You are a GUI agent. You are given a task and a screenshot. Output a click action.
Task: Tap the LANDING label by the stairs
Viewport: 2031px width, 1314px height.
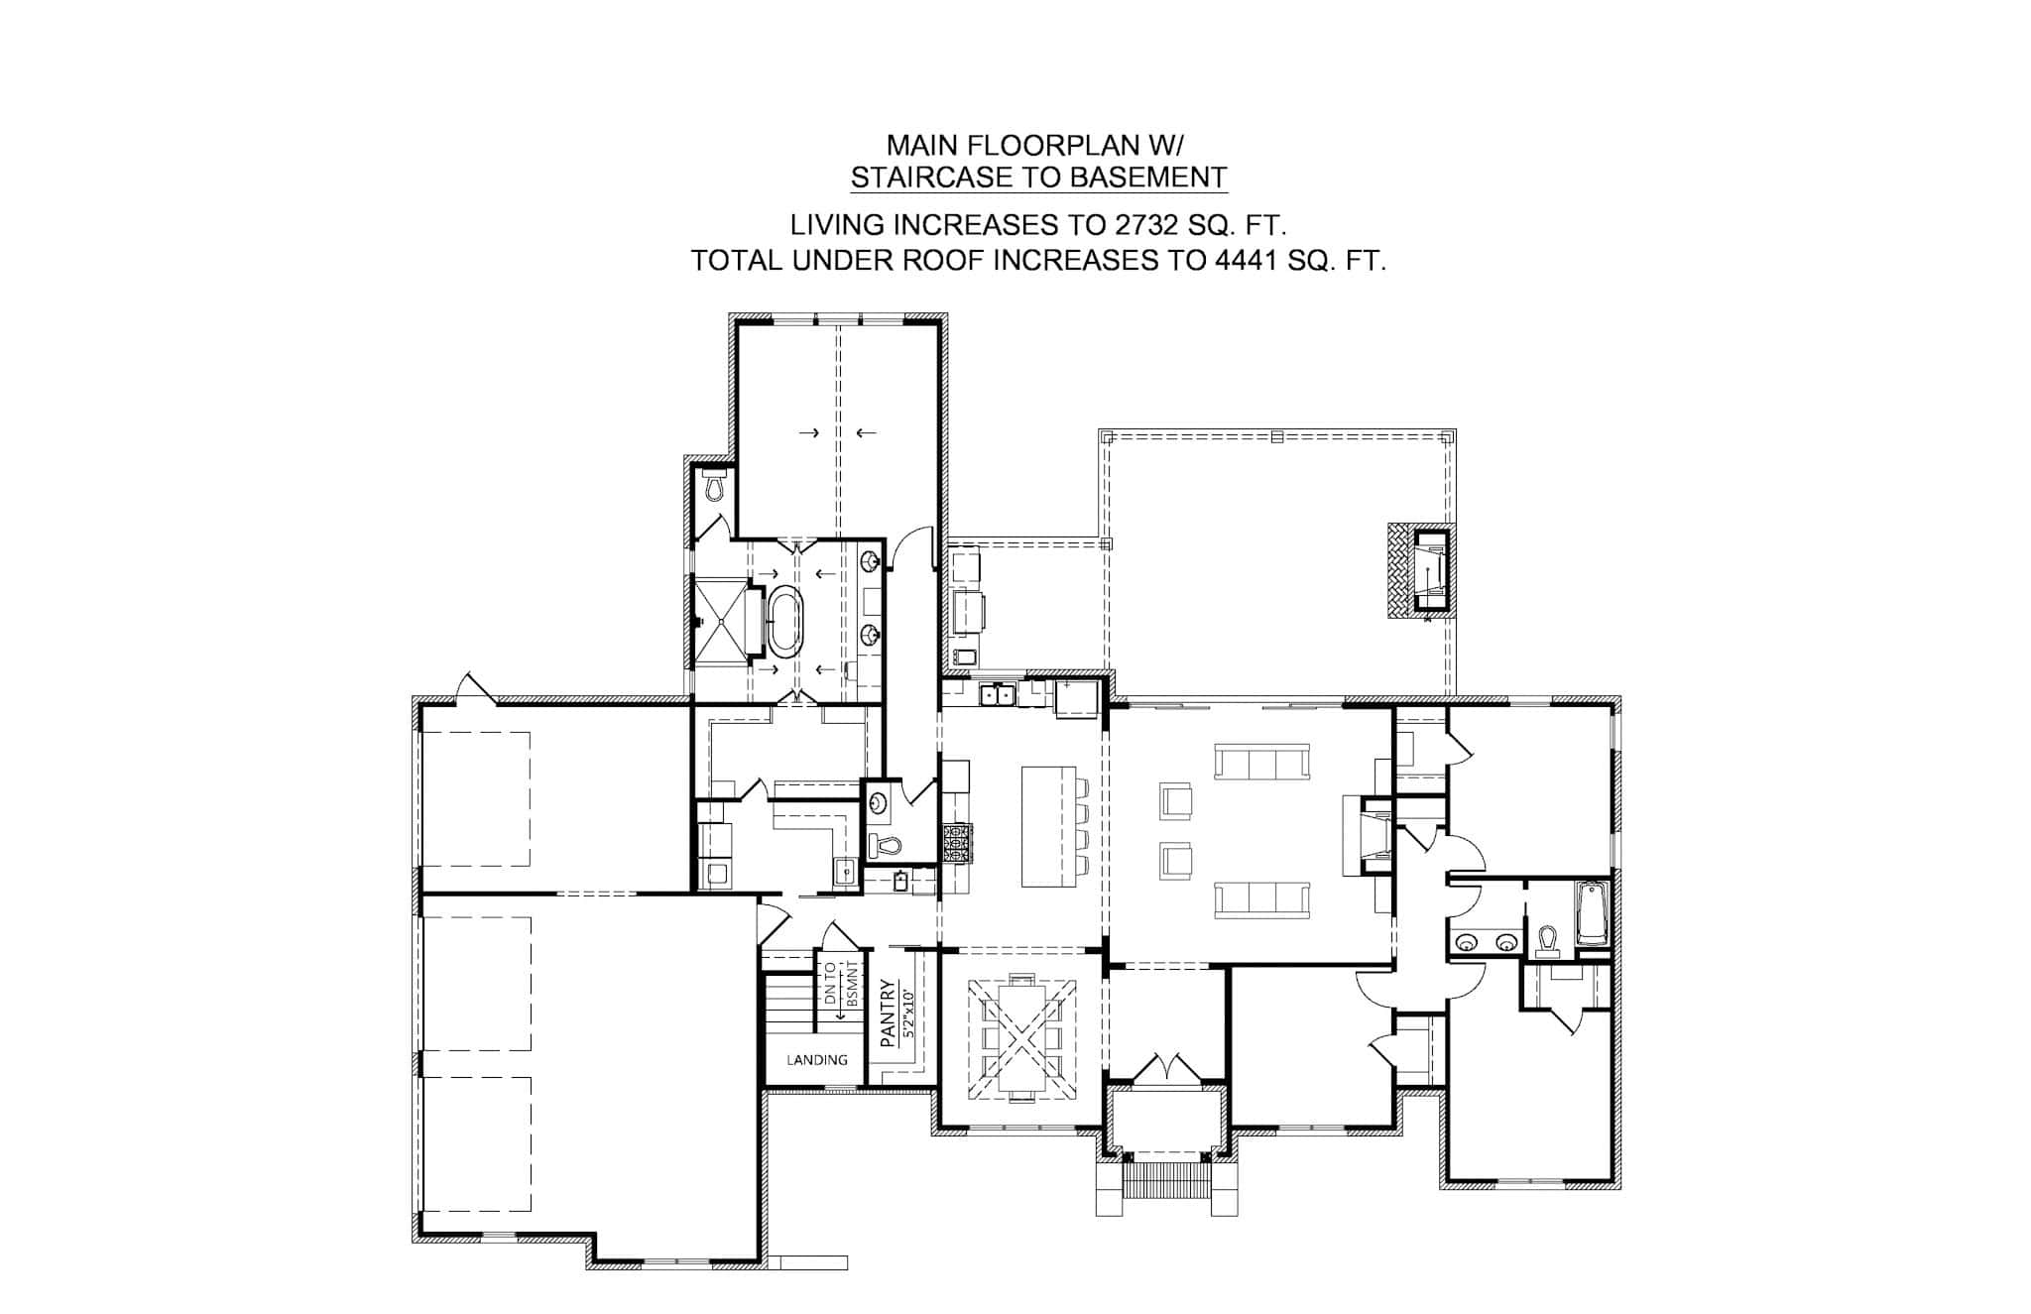[817, 1060]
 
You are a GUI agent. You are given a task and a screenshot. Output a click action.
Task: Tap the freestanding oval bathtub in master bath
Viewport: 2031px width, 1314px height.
[784, 622]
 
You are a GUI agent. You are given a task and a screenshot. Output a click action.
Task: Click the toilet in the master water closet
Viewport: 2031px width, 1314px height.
[714, 487]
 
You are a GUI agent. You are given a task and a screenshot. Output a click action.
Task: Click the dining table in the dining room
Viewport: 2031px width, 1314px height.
[1021, 1036]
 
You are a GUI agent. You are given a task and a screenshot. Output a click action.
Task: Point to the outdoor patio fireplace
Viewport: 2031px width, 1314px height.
[1422, 571]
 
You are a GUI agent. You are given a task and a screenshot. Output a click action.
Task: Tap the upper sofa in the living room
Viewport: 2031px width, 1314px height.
[1262, 762]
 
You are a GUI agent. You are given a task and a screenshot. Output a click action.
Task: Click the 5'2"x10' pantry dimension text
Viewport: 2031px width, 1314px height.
[906, 1011]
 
